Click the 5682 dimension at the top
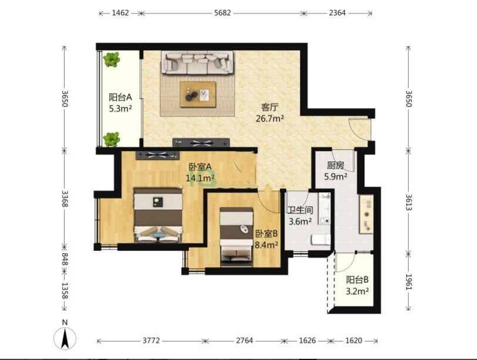[x=223, y=13]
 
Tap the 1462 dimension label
[x=120, y=13]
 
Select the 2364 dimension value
[x=337, y=13]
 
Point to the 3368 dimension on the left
[x=65, y=199]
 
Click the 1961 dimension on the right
[x=409, y=282]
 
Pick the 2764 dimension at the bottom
[x=244, y=341]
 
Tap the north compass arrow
[x=65, y=338]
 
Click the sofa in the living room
[x=197, y=62]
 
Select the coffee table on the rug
[x=198, y=94]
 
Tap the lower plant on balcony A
[x=112, y=140]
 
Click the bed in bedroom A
[x=158, y=216]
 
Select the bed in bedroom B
[x=236, y=237]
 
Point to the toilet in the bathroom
[x=321, y=239]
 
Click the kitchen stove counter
[x=367, y=214]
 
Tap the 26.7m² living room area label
[x=270, y=119]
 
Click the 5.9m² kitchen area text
[x=336, y=176]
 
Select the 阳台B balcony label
[x=357, y=280]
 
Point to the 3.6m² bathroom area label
[x=300, y=221]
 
